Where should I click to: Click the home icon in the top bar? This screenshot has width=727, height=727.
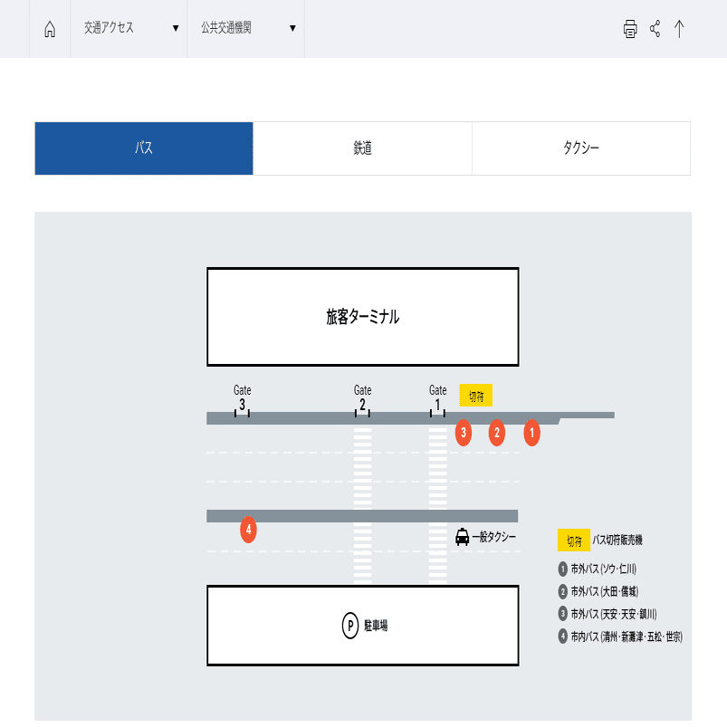click(x=50, y=29)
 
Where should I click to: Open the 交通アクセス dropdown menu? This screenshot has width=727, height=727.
click(x=129, y=28)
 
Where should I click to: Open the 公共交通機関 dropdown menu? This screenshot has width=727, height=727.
click(x=246, y=28)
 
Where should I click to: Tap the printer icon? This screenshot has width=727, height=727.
click(x=630, y=29)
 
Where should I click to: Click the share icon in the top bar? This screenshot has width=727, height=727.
click(x=655, y=29)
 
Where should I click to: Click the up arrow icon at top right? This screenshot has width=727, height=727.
click(x=679, y=29)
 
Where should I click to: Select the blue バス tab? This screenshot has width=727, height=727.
click(x=144, y=148)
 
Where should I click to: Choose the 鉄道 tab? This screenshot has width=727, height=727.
click(x=362, y=148)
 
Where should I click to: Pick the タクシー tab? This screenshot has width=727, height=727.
click(x=580, y=148)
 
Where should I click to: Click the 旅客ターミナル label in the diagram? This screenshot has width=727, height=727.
click(x=362, y=317)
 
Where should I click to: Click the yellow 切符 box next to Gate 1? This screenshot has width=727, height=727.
click(x=475, y=396)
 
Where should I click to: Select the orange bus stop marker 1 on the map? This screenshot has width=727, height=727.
click(x=532, y=433)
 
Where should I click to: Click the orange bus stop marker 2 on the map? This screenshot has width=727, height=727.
click(x=496, y=433)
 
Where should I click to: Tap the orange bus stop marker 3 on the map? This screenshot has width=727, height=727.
click(x=464, y=433)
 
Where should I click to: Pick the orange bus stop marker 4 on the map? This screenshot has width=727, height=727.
click(x=248, y=530)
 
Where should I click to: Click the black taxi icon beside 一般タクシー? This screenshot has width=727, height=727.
click(x=463, y=537)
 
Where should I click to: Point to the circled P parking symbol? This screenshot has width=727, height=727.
click(x=350, y=625)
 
